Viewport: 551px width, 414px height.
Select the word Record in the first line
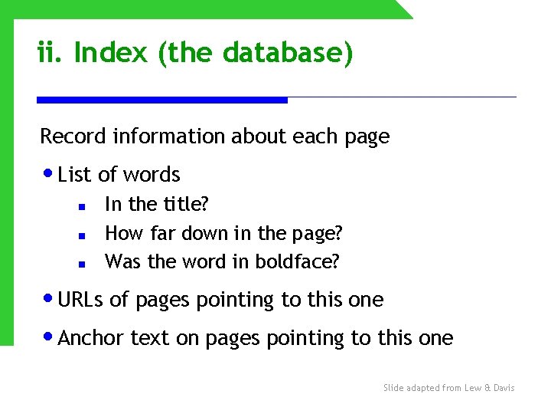coord(73,136)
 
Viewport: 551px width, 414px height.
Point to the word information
coord(169,136)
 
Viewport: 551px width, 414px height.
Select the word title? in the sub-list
coord(186,205)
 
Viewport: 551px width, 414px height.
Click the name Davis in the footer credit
coord(503,388)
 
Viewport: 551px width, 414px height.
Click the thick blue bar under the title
coord(162,100)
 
